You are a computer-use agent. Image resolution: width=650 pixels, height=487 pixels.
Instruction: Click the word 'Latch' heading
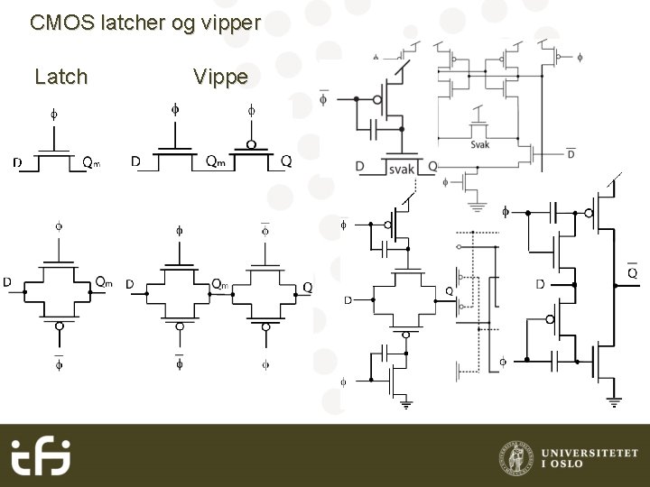coord(61,77)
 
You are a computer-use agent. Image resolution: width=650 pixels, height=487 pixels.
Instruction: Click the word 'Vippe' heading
coord(220,77)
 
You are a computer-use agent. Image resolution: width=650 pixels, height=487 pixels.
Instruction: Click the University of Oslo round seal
coord(515,456)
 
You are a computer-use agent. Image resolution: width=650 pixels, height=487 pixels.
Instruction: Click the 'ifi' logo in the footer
coord(41,456)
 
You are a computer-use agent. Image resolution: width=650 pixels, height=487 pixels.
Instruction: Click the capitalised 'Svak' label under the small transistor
coord(480,144)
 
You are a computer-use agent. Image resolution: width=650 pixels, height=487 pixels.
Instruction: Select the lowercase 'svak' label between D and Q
coord(402,169)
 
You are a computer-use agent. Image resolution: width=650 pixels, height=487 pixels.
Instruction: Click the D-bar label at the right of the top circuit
coord(571,152)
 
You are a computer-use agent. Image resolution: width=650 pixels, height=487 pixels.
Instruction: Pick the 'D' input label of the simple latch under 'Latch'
coord(17,162)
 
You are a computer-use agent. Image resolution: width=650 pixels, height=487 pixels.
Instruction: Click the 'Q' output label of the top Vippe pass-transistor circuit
coord(286,161)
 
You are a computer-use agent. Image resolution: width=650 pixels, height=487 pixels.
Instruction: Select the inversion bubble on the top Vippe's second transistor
coord(252,144)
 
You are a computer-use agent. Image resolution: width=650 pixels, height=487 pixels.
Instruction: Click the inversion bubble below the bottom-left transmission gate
coord(59,326)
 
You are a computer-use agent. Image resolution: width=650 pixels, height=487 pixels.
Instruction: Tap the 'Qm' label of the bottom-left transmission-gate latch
coord(105,281)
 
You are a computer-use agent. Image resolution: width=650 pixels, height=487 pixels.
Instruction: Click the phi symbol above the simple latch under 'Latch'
coord(53,115)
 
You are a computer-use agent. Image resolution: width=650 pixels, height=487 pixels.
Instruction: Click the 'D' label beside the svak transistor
coord(360,166)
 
